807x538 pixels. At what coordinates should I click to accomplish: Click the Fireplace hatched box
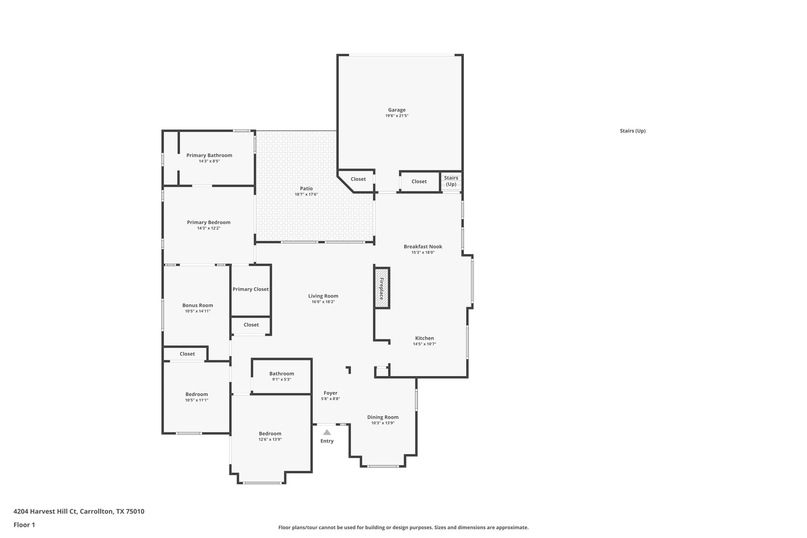coord(382,288)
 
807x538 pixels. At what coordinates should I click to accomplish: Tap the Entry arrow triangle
coord(327,432)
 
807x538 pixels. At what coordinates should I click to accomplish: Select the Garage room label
coord(397,110)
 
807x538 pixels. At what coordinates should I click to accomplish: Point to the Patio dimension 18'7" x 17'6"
coord(306,194)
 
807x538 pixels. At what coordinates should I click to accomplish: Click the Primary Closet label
coord(250,289)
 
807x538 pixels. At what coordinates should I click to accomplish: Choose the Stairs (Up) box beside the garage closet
coord(451,181)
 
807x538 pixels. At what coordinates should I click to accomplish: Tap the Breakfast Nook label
coord(423,247)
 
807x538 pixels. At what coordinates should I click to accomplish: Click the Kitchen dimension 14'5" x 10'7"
coord(424,344)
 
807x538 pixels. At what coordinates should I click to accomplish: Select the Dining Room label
coord(383,417)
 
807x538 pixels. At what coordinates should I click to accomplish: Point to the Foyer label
coord(330,393)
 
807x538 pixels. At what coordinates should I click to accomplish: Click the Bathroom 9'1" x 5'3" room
coord(282,376)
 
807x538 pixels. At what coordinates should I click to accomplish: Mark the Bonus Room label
coord(198,305)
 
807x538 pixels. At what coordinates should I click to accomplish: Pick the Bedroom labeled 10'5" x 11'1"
coord(197,397)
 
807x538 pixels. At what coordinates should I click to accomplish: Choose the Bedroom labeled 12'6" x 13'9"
coord(270,436)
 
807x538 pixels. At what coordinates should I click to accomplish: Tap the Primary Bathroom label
coord(209,155)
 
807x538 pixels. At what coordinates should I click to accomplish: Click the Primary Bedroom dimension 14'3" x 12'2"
coord(209,228)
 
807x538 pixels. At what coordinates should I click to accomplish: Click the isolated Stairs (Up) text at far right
coord(632,131)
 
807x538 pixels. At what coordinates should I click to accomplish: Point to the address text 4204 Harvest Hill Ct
coord(79,511)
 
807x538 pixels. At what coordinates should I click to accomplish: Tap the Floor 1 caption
coord(24,525)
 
